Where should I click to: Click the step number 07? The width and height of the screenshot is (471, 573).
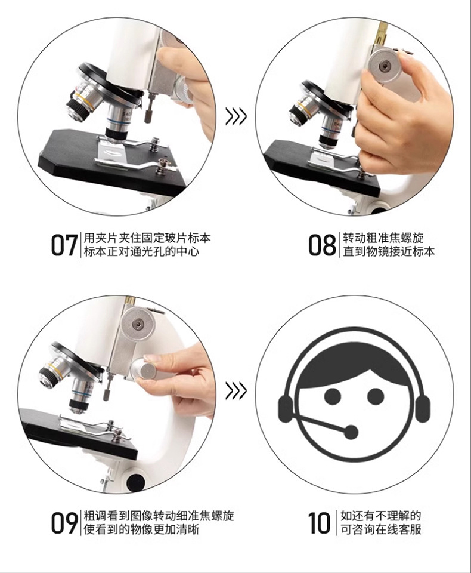point(64,245)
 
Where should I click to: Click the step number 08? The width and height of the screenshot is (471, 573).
point(322,245)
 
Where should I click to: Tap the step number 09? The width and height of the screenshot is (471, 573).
point(64,522)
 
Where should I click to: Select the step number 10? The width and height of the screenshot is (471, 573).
point(320,522)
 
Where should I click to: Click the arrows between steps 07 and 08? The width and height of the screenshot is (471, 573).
point(236,116)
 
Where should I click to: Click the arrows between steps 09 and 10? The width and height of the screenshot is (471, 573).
point(236,392)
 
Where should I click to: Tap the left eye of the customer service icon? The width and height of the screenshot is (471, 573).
point(332,396)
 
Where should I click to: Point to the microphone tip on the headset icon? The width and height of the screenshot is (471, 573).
point(351,432)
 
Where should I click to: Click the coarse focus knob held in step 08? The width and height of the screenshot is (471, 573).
point(385,63)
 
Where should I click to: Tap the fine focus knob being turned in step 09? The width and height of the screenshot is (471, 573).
point(145,370)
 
